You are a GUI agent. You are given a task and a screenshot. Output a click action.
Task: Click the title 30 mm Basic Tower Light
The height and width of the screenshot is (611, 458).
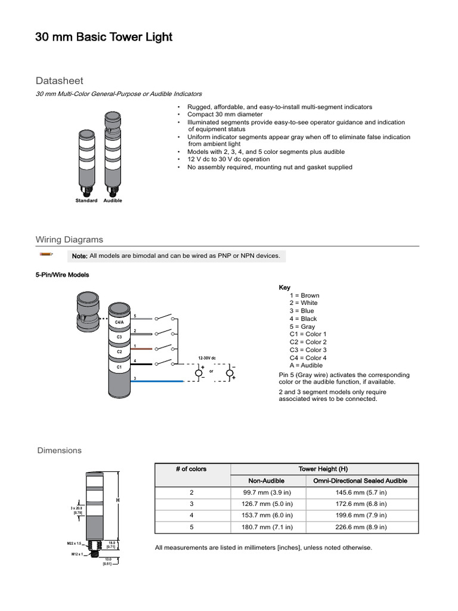104,37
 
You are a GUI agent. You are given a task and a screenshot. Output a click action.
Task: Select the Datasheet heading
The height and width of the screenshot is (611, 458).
60,81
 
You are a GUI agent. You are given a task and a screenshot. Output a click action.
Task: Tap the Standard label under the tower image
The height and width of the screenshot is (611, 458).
86,201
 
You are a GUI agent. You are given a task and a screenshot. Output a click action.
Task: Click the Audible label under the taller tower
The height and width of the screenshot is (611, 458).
113,201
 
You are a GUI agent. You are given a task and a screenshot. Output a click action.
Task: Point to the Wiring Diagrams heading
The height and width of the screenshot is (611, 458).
69,239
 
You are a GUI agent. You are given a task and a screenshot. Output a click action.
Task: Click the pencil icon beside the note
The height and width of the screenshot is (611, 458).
46,255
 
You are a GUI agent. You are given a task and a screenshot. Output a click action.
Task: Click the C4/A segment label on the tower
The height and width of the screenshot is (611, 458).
119,323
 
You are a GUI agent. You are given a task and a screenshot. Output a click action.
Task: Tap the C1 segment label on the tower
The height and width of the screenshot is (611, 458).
119,368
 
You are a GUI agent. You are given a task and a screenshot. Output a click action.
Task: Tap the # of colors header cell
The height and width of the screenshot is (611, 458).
191,469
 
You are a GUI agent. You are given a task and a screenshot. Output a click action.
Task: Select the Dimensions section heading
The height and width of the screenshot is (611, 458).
60,450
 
